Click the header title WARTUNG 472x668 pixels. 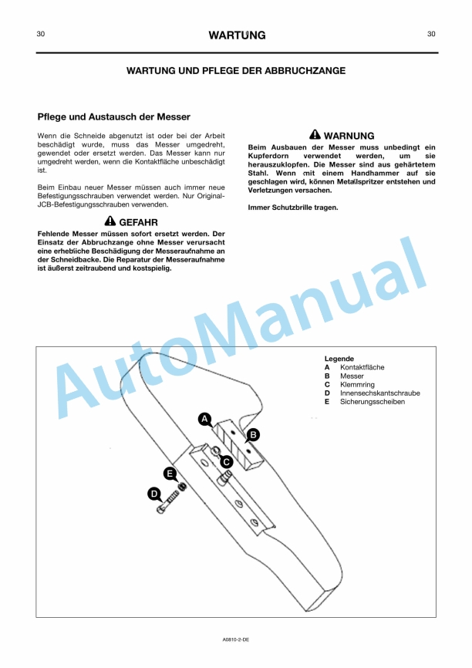pyautogui.click(x=237, y=35)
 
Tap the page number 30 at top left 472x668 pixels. pyautogui.click(x=40, y=34)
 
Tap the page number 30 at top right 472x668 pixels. pyautogui.click(x=431, y=34)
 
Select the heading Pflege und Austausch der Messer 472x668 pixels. pyautogui.click(x=113, y=117)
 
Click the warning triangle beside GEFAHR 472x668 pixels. pyautogui.click(x=110, y=222)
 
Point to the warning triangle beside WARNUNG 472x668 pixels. pyautogui.click(x=315, y=135)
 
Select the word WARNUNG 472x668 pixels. pyautogui.click(x=349, y=136)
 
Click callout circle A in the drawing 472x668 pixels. pyautogui.click(x=204, y=419)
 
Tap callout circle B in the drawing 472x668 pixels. pyautogui.click(x=253, y=434)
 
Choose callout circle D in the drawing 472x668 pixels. pyautogui.click(x=154, y=494)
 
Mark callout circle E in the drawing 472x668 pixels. pyautogui.click(x=170, y=474)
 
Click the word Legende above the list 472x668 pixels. pyautogui.click(x=339, y=359)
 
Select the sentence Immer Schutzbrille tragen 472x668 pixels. pyautogui.click(x=292, y=207)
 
